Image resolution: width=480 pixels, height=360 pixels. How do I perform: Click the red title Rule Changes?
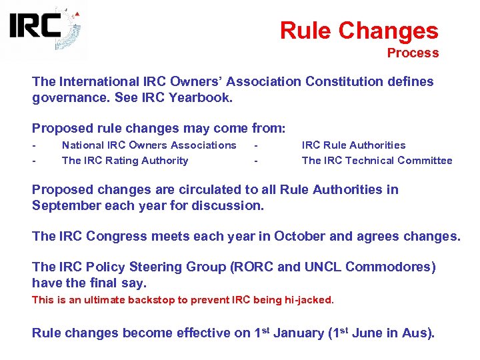click(359, 31)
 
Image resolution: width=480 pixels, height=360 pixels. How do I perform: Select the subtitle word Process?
click(413, 53)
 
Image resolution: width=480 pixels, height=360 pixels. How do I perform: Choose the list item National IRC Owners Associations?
click(149, 145)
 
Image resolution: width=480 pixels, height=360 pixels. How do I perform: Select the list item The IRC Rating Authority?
click(125, 160)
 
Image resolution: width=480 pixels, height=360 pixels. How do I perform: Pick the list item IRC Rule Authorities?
click(353, 145)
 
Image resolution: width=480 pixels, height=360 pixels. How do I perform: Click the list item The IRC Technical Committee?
click(377, 160)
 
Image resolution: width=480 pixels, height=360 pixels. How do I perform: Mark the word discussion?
click(227, 205)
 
